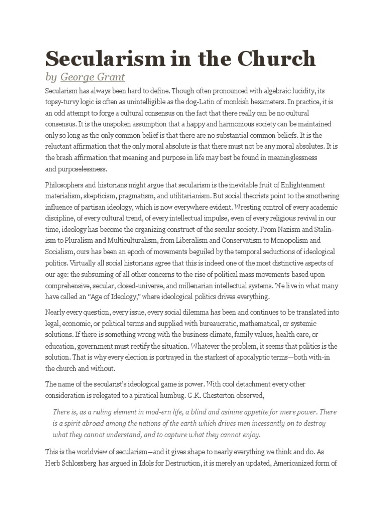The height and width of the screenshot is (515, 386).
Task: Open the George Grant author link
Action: [x=92, y=77]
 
